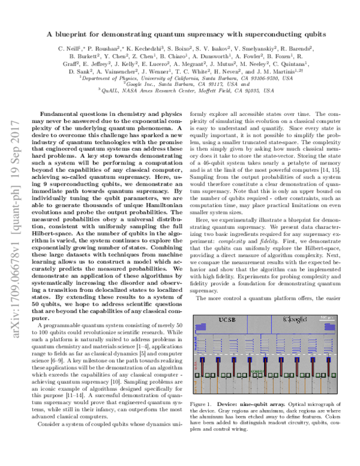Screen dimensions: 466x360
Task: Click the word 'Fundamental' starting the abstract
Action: (58, 113)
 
